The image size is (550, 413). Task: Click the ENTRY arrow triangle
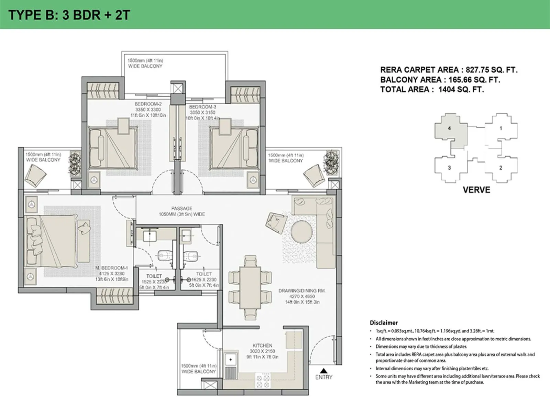tap(323, 371)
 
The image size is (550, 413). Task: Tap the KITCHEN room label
tap(262, 345)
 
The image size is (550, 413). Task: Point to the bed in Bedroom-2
tap(113, 148)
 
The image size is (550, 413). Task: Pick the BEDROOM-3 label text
tap(202, 107)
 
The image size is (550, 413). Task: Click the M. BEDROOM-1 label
tap(111, 268)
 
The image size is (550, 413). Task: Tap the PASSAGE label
tap(181, 208)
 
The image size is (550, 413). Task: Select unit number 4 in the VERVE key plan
tap(449, 128)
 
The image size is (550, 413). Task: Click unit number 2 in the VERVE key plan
tap(500, 168)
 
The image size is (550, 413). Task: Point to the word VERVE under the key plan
tap(476, 190)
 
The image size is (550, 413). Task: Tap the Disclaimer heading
tap(384, 322)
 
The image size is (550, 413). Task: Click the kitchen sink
tap(231, 360)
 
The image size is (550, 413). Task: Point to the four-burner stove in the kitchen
tap(263, 381)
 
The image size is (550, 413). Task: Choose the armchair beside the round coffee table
tap(276, 223)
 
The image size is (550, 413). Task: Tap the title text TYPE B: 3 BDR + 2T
tap(69, 15)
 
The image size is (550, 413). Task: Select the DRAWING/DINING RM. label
tap(301, 290)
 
